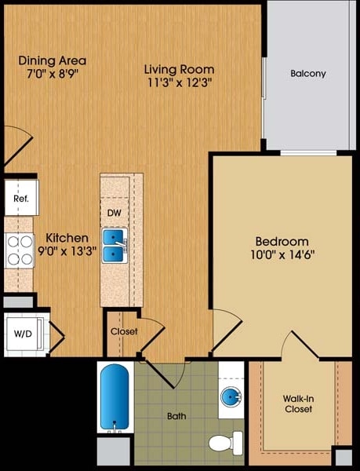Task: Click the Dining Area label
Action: (x=53, y=60)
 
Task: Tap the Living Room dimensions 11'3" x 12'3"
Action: (x=179, y=82)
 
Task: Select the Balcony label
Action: (x=307, y=74)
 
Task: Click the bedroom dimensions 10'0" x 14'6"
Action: (x=282, y=254)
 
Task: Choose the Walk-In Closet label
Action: (x=298, y=403)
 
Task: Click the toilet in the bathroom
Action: (x=227, y=443)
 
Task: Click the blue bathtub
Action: (x=115, y=397)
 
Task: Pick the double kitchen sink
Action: (x=115, y=244)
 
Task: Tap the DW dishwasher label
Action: (x=114, y=212)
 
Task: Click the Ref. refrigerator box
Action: (x=20, y=199)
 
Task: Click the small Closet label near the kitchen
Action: (x=123, y=331)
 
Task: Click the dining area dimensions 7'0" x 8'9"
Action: (x=53, y=74)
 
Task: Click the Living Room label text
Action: (x=179, y=68)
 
